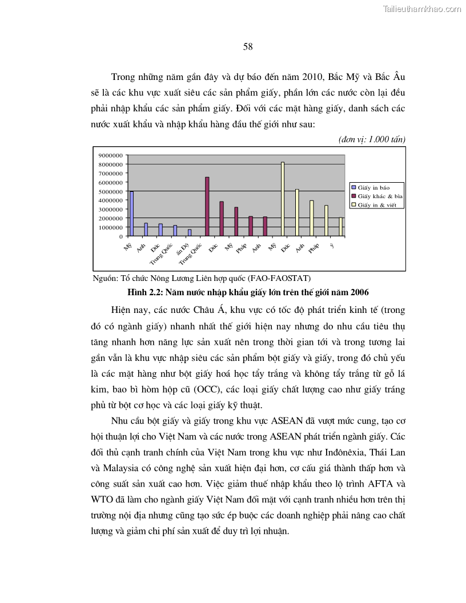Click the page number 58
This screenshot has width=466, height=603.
(x=247, y=47)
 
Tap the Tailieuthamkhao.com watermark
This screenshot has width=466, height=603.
(x=421, y=9)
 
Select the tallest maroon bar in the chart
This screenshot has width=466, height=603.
(x=207, y=206)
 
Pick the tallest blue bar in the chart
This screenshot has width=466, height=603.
(x=131, y=213)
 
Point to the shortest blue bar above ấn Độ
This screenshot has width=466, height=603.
(x=190, y=232)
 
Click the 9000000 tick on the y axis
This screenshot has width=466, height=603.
(x=110, y=155)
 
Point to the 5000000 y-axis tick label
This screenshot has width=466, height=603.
(x=110, y=191)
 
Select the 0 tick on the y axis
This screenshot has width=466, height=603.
(x=120, y=236)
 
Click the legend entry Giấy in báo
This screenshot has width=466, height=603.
(x=373, y=187)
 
